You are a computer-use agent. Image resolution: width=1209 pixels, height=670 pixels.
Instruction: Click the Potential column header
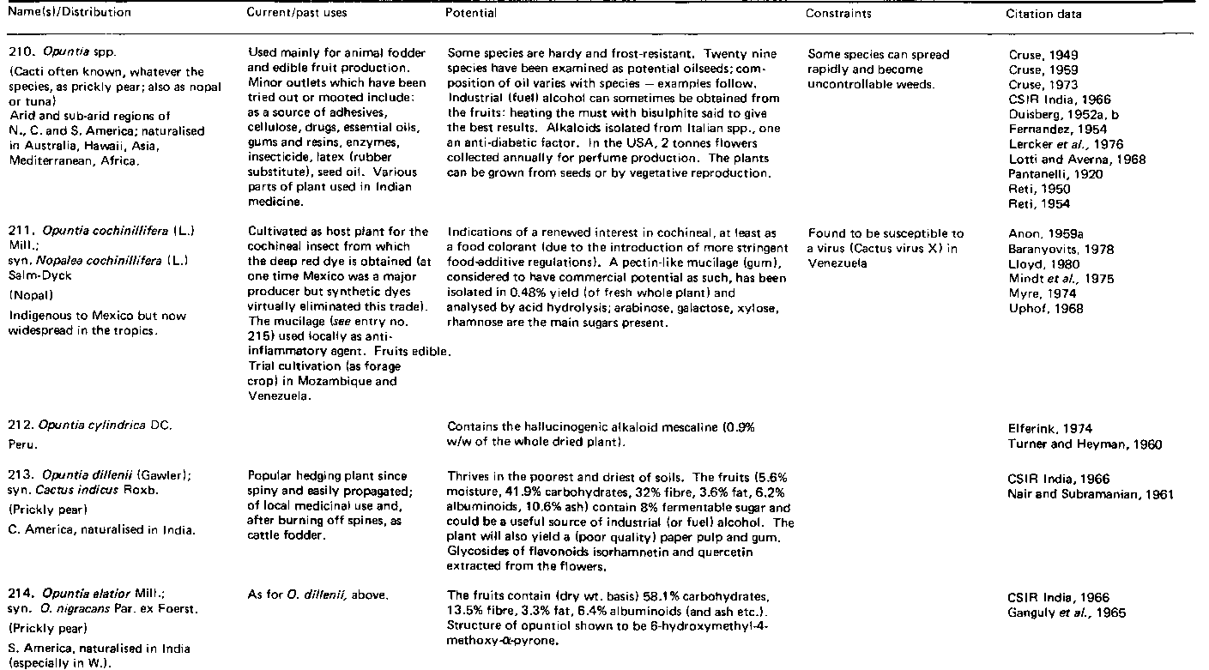pyautogui.click(x=471, y=14)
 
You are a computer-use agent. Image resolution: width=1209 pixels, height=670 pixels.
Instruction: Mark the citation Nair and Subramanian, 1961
pyautogui.click(x=1091, y=494)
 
